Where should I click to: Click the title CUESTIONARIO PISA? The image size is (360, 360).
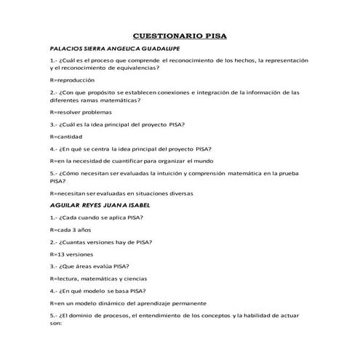(179, 35)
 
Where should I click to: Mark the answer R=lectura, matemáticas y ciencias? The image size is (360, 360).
(99, 278)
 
